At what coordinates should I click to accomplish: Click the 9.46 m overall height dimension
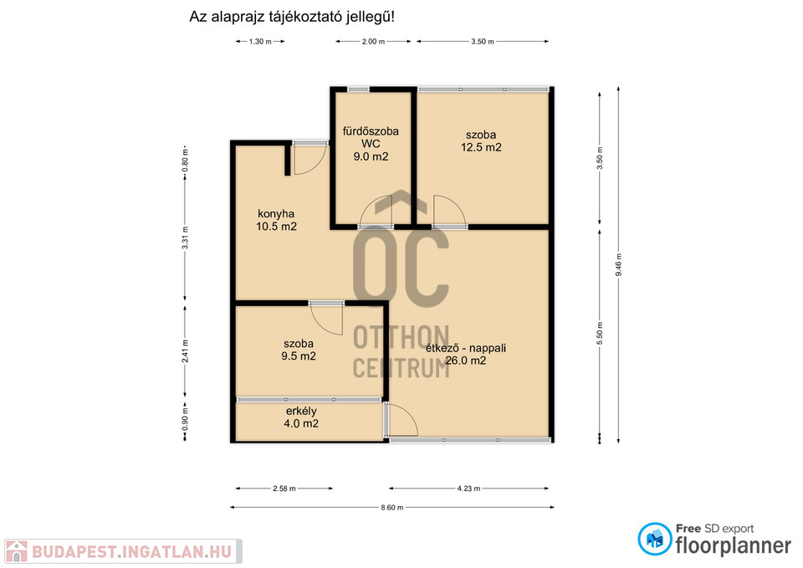(618, 265)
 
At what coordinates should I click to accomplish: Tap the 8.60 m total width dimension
(391, 508)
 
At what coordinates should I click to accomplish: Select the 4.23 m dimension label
(468, 489)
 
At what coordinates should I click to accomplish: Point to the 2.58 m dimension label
(284, 489)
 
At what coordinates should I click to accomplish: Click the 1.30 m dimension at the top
(260, 42)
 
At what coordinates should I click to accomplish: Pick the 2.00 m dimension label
(373, 42)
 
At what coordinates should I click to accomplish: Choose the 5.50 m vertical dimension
(600, 334)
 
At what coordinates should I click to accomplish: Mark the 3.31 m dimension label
(186, 238)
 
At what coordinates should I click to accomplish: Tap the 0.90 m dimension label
(186, 418)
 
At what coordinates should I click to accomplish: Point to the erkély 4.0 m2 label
(301, 417)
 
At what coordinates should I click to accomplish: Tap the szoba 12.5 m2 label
(481, 141)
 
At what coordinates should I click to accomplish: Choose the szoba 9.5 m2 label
(299, 350)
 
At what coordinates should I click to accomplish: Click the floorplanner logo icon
(654, 539)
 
